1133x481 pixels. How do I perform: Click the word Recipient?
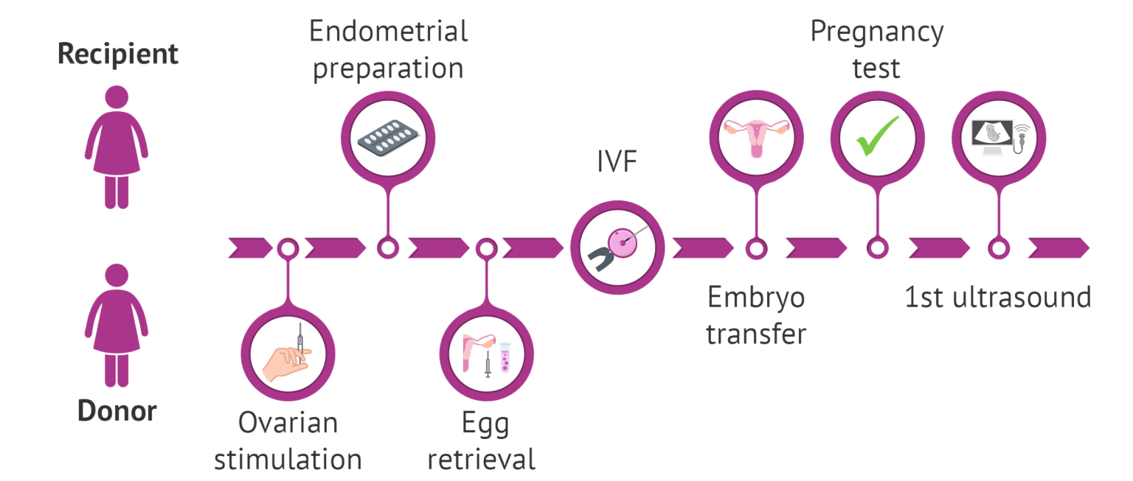[118, 55]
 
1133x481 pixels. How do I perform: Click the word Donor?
[117, 410]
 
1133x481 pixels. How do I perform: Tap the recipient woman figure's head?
[117, 98]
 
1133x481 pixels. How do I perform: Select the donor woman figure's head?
[117, 278]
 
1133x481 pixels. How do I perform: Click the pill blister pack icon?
[387, 137]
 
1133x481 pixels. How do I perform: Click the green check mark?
[876, 136]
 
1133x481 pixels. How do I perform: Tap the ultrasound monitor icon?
[998, 137]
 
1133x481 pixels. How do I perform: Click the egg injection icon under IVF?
[617, 247]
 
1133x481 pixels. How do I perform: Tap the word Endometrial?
[388, 31]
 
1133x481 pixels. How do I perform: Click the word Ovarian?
[288, 423]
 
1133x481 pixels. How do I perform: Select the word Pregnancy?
[877, 32]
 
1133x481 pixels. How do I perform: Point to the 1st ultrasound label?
[998, 298]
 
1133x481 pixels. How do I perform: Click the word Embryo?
[756, 298]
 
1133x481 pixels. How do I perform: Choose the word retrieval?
[482, 460]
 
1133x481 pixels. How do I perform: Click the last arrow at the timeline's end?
[1058, 248]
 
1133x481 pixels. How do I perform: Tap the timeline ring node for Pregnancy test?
[876, 248]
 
